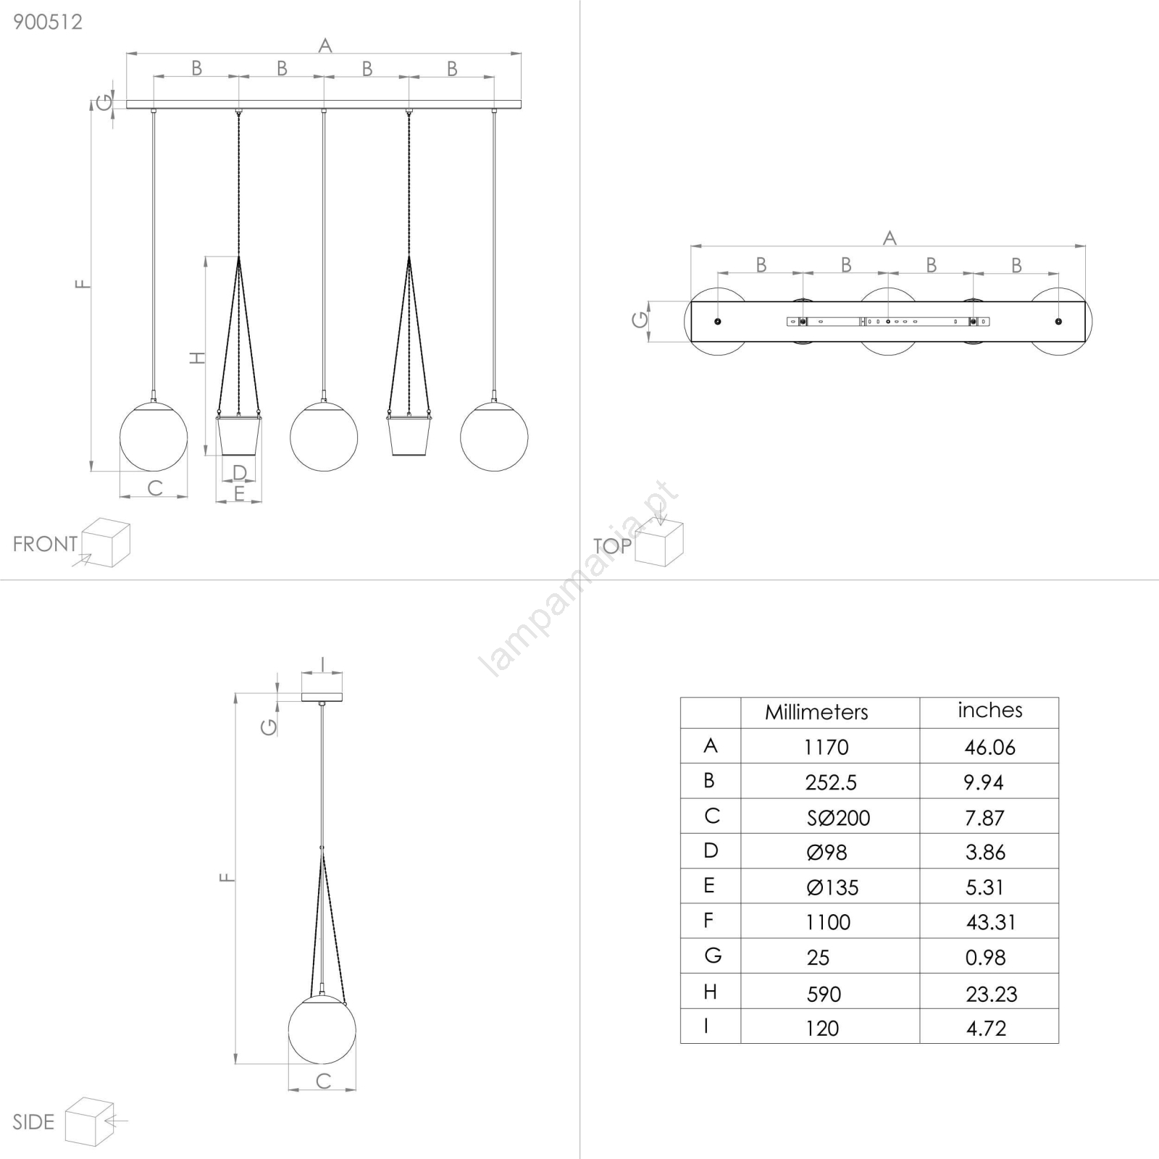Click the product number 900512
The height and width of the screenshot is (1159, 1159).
point(48,22)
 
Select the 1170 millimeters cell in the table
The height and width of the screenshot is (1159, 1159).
point(826,747)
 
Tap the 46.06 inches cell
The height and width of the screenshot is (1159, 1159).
point(989,747)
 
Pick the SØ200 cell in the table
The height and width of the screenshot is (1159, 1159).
point(838,818)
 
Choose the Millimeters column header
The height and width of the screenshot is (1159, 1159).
point(816,712)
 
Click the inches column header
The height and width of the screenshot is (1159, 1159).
point(989,710)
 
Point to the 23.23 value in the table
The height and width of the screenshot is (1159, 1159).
point(991,994)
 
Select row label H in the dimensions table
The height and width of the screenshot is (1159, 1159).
point(710,992)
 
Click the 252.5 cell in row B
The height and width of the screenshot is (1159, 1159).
point(831,782)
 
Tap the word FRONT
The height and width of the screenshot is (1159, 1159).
point(45,544)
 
